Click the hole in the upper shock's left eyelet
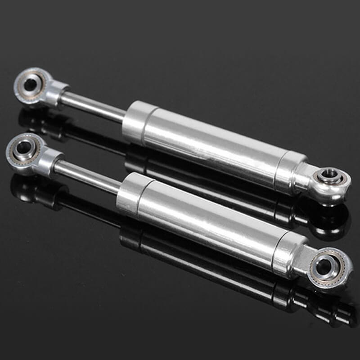(x=30, y=84)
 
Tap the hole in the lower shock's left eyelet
(x=22, y=147)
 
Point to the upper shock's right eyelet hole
(x=328, y=175)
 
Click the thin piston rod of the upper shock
(x=92, y=106)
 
